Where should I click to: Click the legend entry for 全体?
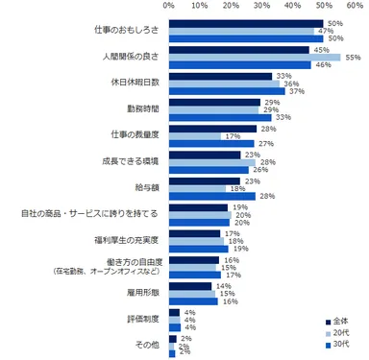click(x=341, y=321)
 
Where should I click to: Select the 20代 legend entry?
click(x=341, y=333)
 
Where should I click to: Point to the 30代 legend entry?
click(x=341, y=345)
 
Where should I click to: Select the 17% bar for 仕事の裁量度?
click(x=196, y=135)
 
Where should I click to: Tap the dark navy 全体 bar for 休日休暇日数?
click(x=220, y=75)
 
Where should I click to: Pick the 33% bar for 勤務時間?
click(x=220, y=117)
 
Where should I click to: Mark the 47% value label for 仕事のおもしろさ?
click(x=325, y=31)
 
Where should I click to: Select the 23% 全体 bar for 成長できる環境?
click(x=205, y=153)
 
